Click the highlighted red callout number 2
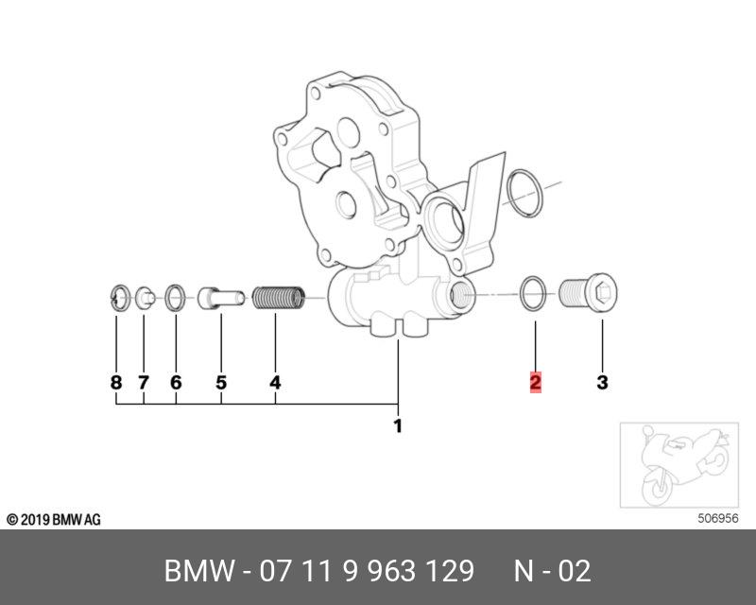point(535,383)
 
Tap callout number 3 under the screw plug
point(602,383)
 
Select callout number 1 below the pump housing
point(398,426)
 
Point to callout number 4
point(275,383)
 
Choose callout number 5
point(221,383)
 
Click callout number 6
point(176,383)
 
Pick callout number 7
point(144,383)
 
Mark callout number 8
point(116,383)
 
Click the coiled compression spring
point(279,298)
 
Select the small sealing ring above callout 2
point(534,294)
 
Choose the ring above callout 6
point(176,298)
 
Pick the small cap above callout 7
point(145,299)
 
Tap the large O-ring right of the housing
point(524,190)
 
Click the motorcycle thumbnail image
point(675,465)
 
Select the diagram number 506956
point(717,518)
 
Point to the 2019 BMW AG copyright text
point(53,520)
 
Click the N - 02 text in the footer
point(552,571)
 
